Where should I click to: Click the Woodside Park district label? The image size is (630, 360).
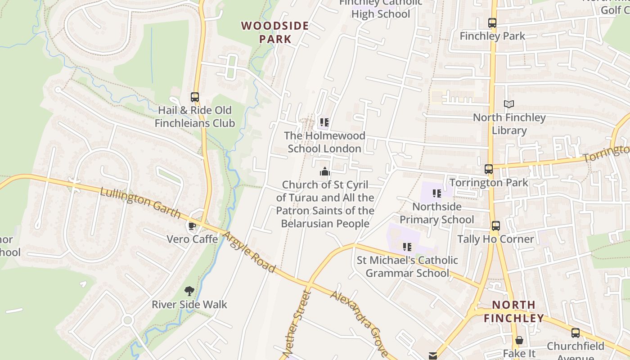275,32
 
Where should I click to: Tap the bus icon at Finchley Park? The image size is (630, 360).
492,23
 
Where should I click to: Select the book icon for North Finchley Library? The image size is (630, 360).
509,104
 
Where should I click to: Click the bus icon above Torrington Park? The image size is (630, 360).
489,169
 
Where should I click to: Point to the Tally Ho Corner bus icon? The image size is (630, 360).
495,226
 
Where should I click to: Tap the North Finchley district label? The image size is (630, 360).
513,311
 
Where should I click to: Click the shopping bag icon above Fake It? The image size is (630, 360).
519,340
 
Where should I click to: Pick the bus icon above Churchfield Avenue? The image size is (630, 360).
576,333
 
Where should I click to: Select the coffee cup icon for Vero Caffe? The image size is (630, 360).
192,226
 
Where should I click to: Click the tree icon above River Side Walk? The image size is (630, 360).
189,291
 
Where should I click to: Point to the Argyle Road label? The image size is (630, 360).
249,252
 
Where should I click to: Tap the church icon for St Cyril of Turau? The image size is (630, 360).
325,171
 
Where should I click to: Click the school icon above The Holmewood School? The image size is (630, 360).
324,122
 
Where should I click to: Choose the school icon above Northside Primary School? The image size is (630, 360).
436,193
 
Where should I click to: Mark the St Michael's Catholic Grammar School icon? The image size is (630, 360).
407,247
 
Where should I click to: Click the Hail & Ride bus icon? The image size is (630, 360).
195,97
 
